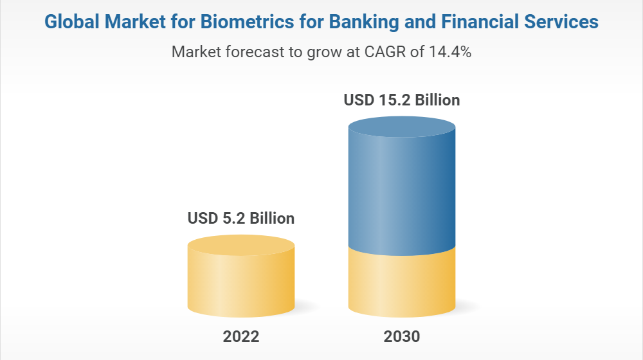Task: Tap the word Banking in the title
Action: coord(356,22)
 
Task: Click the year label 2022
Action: coord(241,336)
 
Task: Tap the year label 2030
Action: coord(402,336)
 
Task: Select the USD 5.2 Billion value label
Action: coord(241,219)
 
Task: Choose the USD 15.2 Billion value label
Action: coord(402,100)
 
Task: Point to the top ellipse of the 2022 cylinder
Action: coord(241,246)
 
